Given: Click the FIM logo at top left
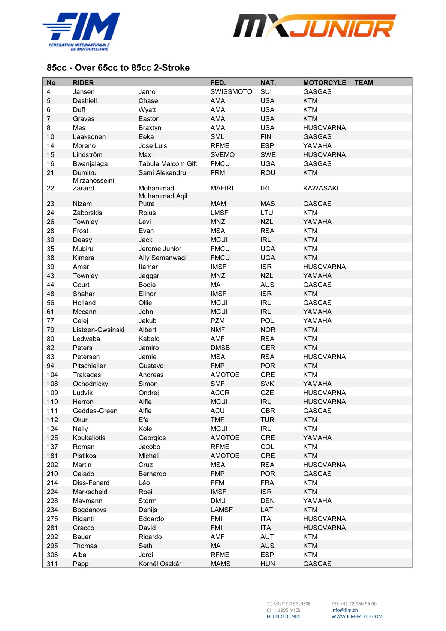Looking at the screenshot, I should (x=81, y=31).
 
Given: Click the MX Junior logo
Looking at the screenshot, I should (x=314, y=27).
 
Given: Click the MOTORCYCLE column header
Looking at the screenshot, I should (x=325, y=83).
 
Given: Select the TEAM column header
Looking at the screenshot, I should (x=364, y=83).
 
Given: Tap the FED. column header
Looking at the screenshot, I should (x=218, y=83).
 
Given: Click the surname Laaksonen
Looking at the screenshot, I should (x=89, y=137).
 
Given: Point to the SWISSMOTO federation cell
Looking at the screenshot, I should (x=231, y=92).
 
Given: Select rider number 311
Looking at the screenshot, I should (x=52, y=564).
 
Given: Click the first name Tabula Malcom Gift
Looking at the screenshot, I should (x=168, y=164).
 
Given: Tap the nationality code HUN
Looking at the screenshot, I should (x=268, y=564).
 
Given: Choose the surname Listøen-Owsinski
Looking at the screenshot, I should (x=98, y=330).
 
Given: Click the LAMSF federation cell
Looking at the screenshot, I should (x=221, y=510).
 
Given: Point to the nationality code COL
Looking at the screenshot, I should (x=267, y=447).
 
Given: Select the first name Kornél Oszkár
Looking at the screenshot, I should (x=160, y=564).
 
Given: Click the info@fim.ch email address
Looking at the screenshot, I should (x=344, y=610).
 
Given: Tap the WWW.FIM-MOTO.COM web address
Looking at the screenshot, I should (x=357, y=616).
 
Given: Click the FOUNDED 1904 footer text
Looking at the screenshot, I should (x=283, y=616).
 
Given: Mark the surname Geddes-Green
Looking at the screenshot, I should (x=95, y=411).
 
